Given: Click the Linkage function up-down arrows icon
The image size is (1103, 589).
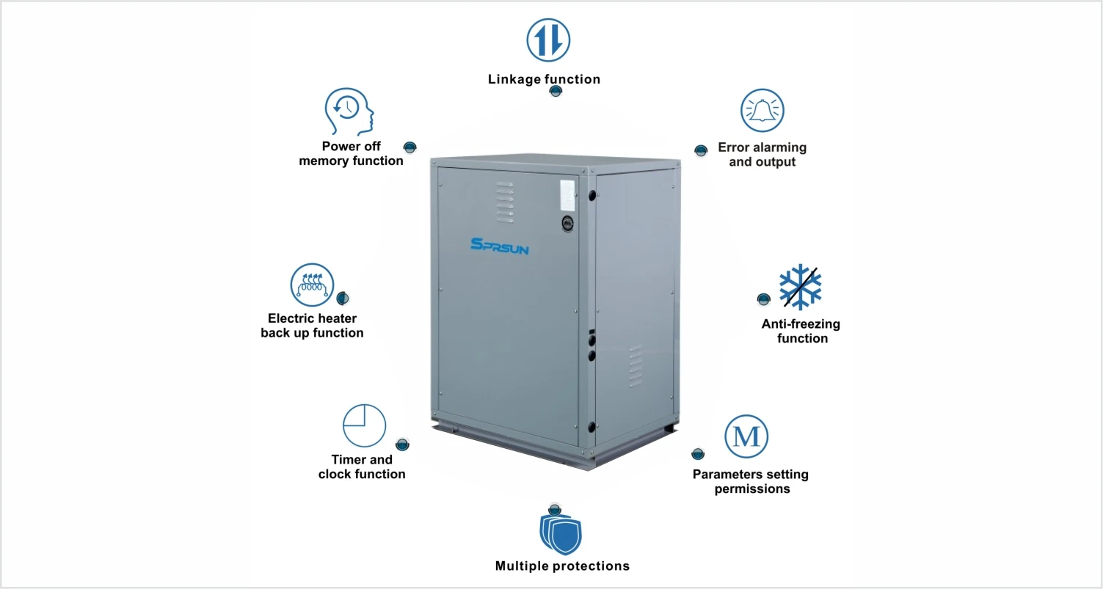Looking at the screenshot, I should (548, 39).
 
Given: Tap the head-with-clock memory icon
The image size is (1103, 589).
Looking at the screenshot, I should (349, 112).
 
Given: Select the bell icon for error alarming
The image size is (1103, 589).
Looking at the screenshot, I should (762, 111).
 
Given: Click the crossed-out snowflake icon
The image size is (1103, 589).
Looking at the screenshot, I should (800, 286).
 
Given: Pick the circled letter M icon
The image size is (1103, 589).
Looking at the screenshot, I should (746, 437).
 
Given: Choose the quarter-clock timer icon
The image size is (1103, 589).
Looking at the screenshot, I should (364, 425).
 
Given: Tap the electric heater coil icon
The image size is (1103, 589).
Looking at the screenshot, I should (312, 285).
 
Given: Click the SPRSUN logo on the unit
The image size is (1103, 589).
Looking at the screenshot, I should (499, 246).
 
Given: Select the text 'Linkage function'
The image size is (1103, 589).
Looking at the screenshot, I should (544, 79).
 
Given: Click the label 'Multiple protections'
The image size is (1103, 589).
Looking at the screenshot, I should (562, 566).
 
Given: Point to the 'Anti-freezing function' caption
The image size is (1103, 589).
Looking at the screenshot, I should (801, 331).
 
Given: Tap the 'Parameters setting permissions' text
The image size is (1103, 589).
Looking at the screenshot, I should (750, 481).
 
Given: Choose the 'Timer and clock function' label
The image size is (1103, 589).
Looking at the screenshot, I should (362, 467).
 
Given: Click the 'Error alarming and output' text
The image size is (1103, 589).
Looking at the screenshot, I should (762, 155).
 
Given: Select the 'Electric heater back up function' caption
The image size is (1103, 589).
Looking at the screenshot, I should (312, 326).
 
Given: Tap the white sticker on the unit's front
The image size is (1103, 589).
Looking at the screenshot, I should (567, 195).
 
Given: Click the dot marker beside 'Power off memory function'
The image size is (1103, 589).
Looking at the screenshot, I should (409, 147).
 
